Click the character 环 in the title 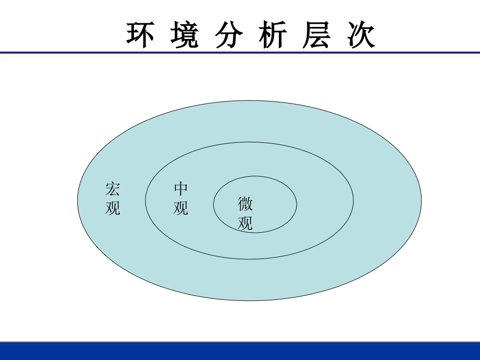140,35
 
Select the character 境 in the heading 184,35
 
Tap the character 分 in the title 229,35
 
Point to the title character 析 273,35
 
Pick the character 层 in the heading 317,35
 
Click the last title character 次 362,35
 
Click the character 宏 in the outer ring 113,189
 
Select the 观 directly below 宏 113,208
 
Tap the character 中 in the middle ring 181,189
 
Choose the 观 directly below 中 181,208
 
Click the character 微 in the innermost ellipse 246,204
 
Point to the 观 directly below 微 246,223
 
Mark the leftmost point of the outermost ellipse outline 77,200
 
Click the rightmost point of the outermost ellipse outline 421,200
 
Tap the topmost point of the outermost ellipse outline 250,100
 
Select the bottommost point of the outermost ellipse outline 250,301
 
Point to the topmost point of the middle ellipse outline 250,142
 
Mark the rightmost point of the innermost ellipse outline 297,204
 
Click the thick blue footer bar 240,351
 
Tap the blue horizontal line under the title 240,52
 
